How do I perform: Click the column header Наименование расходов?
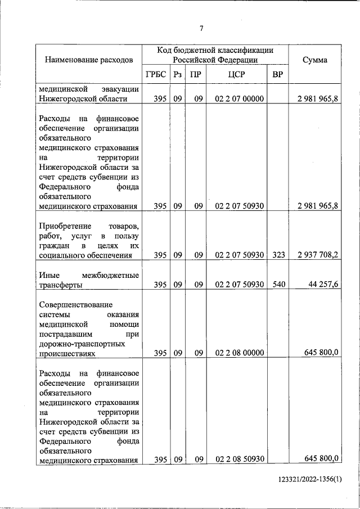(89, 59)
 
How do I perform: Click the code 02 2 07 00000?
(239, 98)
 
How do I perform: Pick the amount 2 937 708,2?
(318, 255)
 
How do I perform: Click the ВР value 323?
(277, 255)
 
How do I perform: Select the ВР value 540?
(277, 285)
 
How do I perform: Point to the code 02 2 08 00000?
(239, 353)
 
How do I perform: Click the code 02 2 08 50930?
(239, 460)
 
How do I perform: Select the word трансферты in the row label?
(61, 285)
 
